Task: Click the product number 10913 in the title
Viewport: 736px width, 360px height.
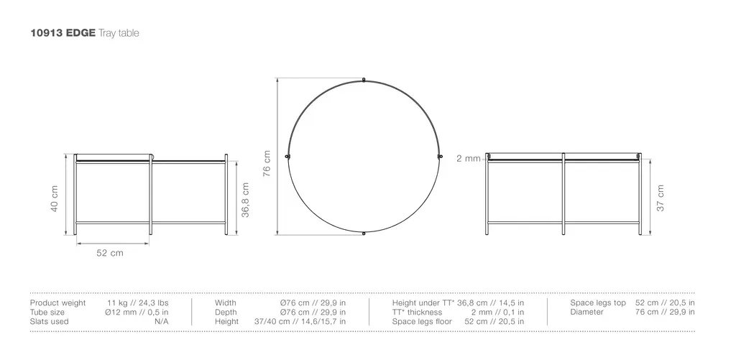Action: [x=47, y=33]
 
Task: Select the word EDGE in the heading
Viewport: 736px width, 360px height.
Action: [x=80, y=33]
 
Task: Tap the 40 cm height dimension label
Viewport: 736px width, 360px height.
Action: [x=55, y=198]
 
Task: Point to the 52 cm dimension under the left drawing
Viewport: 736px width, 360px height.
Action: [x=110, y=253]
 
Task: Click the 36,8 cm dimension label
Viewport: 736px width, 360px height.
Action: [x=245, y=200]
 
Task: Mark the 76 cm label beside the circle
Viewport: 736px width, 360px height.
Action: [x=267, y=163]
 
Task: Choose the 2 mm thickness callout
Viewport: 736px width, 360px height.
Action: [x=469, y=159]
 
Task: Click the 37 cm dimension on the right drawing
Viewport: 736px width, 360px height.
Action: [x=661, y=198]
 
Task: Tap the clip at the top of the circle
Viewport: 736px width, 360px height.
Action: [x=364, y=80]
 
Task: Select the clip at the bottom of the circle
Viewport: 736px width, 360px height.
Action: [x=364, y=234]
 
